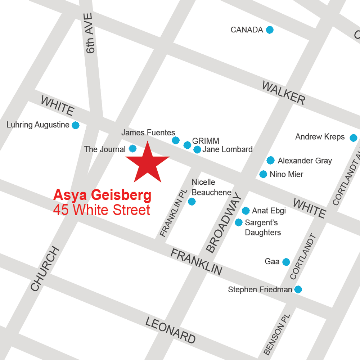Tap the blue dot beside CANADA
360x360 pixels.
(x=269, y=30)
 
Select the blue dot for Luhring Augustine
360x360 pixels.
(x=75, y=125)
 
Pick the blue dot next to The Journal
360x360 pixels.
(x=133, y=148)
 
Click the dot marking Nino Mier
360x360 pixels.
(x=263, y=174)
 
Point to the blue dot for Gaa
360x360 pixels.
(x=286, y=262)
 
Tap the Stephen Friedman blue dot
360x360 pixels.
(x=298, y=289)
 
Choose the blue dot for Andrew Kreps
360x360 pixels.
(x=353, y=138)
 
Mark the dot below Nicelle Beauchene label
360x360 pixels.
(x=192, y=202)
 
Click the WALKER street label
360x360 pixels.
(x=283, y=93)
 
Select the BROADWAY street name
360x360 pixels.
(x=223, y=223)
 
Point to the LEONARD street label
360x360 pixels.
(x=171, y=330)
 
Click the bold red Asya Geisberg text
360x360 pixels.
(x=102, y=195)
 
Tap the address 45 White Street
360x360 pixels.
(x=102, y=210)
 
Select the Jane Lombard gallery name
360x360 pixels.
(x=227, y=149)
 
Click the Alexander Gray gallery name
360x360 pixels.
(x=305, y=161)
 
